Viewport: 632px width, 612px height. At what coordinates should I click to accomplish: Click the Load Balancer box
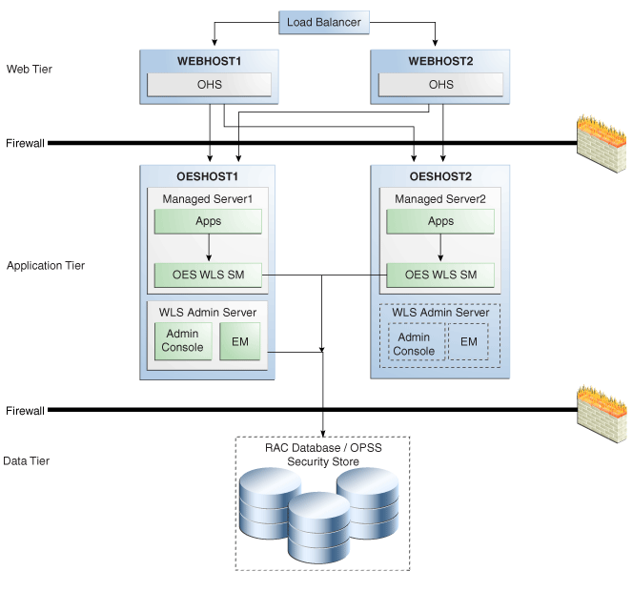coord(324,22)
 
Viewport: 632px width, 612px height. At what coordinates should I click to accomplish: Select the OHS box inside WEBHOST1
coord(209,85)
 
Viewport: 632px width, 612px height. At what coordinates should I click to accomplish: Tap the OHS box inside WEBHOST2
coord(440,85)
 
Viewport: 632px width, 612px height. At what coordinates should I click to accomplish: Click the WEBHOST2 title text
coord(440,61)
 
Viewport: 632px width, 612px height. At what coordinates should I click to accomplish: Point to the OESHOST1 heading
coord(207,176)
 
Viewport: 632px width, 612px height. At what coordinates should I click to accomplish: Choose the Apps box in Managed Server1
coord(208,221)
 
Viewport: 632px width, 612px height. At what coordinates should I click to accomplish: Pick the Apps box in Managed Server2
coord(440,221)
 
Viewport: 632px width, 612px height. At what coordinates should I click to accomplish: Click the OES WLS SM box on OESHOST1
coord(208,275)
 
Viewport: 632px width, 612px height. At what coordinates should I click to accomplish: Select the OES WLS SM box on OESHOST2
coord(440,275)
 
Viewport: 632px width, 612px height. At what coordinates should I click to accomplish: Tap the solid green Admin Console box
coord(183,341)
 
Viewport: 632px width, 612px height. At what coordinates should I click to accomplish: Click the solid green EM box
coord(240,341)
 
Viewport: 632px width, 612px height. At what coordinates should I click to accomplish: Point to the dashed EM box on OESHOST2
coord(468,341)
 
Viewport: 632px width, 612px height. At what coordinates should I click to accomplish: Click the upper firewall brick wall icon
coord(601,144)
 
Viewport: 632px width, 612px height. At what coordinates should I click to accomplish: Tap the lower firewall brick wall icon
coord(601,414)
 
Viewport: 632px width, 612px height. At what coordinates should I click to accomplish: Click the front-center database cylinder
coord(318,528)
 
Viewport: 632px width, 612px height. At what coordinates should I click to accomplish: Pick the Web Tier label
coord(30,70)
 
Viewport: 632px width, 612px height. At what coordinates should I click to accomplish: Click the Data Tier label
coord(26,460)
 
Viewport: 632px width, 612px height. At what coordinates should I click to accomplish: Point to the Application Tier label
coord(46,266)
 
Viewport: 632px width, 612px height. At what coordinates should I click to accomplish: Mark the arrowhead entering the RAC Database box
coord(323,434)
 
